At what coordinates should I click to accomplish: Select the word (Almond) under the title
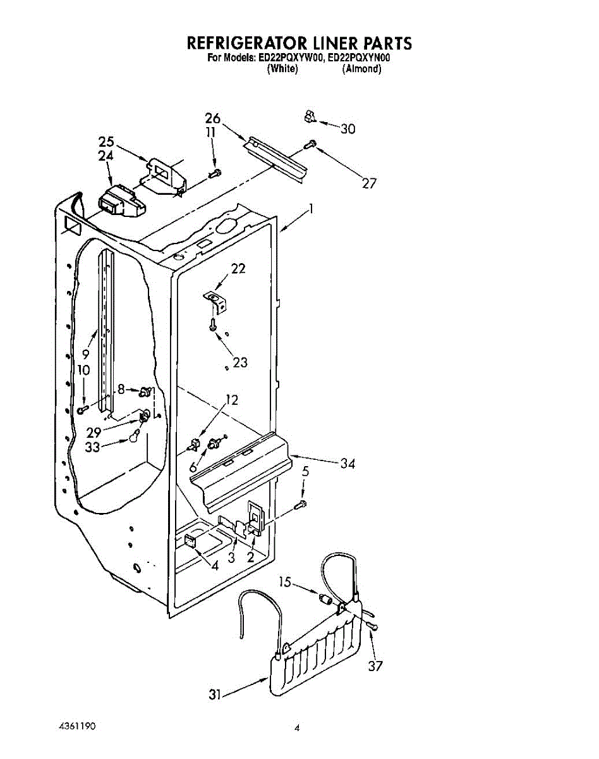tap(361, 69)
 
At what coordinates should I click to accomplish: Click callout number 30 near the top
tap(348, 129)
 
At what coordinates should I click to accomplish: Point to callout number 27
tap(369, 183)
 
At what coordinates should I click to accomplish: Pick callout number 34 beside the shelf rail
tap(348, 464)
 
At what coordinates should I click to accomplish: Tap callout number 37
tap(375, 665)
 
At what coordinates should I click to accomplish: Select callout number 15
tap(286, 582)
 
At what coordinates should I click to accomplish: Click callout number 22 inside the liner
tap(238, 268)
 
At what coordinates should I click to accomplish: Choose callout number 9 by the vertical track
tap(85, 355)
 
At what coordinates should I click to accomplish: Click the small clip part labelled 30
tap(309, 116)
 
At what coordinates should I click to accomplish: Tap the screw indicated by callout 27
tap(310, 145)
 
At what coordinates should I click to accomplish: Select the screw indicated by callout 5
tap(301, 503)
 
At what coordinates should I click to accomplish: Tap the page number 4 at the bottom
tap(296, 728)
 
